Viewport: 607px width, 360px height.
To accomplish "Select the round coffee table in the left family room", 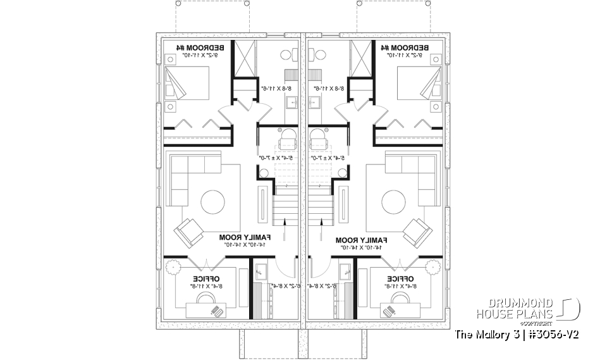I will pos(212,203).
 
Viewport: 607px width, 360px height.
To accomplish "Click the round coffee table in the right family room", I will pos(395,203).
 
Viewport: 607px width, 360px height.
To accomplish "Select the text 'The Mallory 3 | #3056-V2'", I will pos(517,334).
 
